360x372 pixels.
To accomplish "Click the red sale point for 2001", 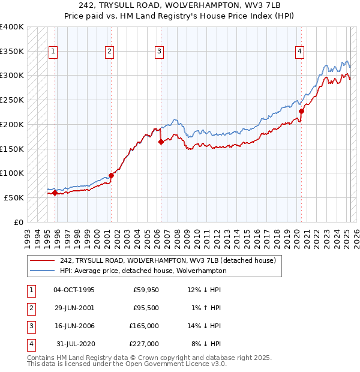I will [111, 175].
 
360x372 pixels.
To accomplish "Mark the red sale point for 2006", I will [161, 142].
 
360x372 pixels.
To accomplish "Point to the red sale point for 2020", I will [301, 111].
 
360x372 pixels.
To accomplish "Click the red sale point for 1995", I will [55, 193].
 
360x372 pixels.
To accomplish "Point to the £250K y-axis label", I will [11, 100].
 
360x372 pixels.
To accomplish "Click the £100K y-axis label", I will [11, 173].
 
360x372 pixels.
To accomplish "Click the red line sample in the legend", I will [43, 261].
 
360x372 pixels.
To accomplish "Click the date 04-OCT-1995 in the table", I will [74, 290].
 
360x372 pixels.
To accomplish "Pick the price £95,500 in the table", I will [146, 308].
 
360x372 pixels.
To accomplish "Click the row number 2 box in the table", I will [31, 308].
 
